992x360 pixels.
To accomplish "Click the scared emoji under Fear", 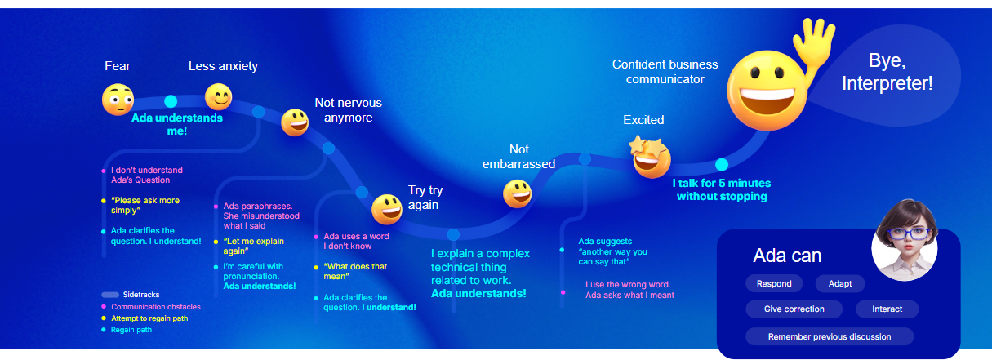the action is pyautogui.click(x=118, y=100).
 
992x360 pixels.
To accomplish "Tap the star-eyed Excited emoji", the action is pyautogui.click(x=650, y=158).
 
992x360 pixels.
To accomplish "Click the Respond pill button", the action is pyautogui.click(x=774, y=284).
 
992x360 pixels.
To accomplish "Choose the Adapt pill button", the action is pyautogui.click(x=839, y=284).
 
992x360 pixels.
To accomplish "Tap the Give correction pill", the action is pyautogui.click(x=794, y=309).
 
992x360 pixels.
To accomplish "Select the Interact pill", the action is pyautogui.click(x=887, y=309).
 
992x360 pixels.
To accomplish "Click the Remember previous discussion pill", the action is pyautogui.click(x=830, y=336).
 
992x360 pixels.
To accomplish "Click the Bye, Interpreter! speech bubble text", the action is pyautogui.click(x=887, y=72).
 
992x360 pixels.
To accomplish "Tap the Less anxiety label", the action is pyautogui.click(x=223, y=66).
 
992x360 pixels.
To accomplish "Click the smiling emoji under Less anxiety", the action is pyautogui.click(x=218, y=97).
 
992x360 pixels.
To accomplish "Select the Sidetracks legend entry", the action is pyautogui.click(x=131, y=295).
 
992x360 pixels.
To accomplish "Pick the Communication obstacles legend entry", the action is pyautogui.click(x=151, y=306).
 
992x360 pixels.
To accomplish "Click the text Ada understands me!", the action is pyautogui.click(x=177, y=124).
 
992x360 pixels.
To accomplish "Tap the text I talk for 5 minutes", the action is pyautogui.click(x=722, y=183).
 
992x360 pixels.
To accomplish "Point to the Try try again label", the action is pyautogui.click(x=425, y=198).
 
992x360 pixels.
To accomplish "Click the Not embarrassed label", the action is pyautogui.click(x=518, y=156).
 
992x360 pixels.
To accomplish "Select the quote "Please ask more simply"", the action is pyautogui.click(x=145, y=205).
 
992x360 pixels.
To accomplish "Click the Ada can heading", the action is pyautogui.click(x=787, y=256).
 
